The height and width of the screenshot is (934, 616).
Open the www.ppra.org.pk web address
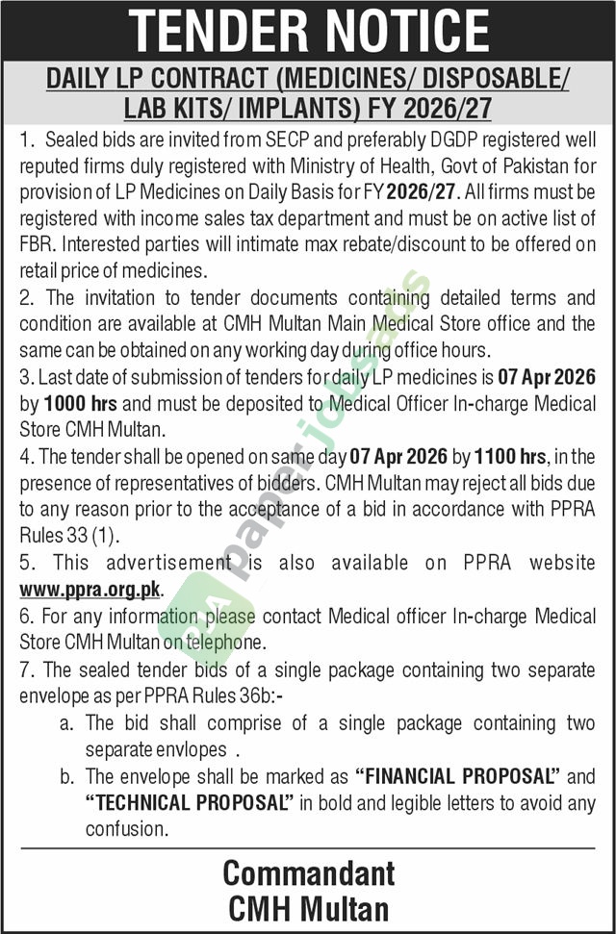point(90,587)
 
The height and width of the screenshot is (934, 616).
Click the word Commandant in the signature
point(308,873)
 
